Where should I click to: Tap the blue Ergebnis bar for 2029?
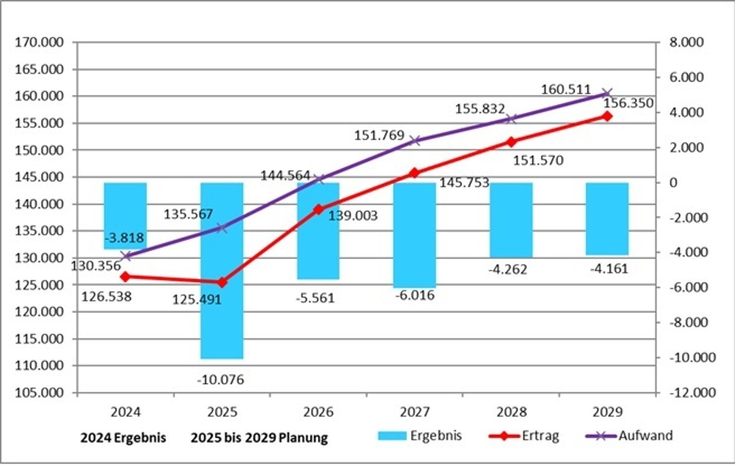(x=607, y=219)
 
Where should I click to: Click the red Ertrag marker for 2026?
(x=318, y=209)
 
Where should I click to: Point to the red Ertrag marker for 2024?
(x=125, y=276)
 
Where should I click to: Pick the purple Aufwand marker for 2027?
(x=415, y=140)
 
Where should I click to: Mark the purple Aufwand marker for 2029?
(x=608, y=93)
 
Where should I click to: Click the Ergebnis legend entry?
(x=420, y=436)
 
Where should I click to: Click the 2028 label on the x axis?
(x=511, y=412)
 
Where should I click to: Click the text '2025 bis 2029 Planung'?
(x=259, y=438)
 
